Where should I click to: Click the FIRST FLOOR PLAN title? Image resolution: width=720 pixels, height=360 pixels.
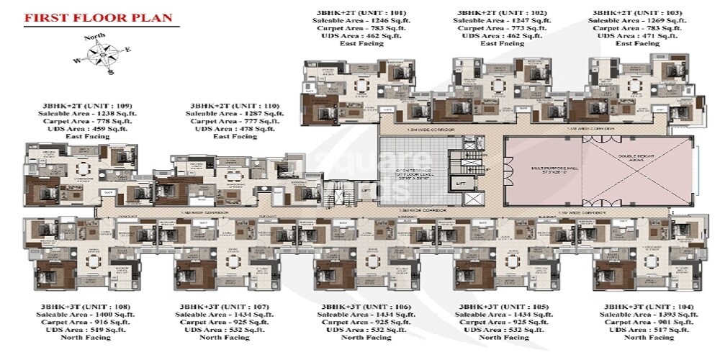pos(97,18)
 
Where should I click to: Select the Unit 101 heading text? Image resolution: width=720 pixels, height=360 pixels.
pos(351,13)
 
